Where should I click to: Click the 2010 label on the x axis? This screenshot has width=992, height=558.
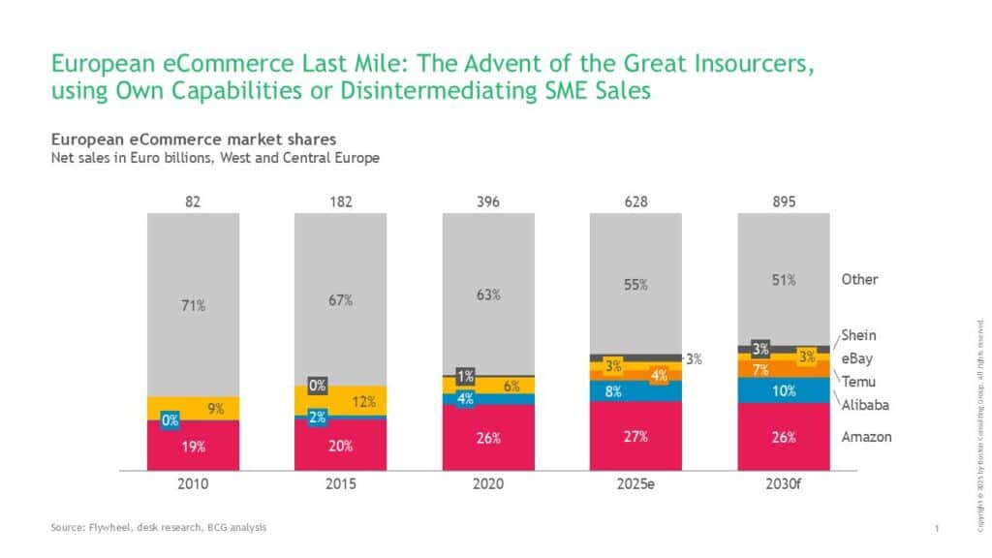tap(193, 481)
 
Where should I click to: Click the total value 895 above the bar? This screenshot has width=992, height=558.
tap(784, 201)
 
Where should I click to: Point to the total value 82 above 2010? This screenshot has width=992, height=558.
tap(193, 201)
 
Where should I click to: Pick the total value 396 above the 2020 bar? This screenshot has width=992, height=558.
tap(488, 201)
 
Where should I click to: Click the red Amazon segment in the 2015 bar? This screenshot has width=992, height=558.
tap(340, 445)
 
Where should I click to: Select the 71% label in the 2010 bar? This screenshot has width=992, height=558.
tap(193, 306)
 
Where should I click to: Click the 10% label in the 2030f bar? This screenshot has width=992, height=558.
tap(785, 391)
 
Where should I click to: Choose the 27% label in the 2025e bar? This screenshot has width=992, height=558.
tap(635, 436)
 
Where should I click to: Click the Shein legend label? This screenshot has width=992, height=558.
tap(858, 335)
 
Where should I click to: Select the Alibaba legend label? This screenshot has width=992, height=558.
tap(865, 405)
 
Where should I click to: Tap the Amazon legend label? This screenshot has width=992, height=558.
tap(866, 437)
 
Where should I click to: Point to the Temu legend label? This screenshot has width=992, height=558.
tap(858, 382)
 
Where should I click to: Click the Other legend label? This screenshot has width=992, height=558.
tap(859, 279)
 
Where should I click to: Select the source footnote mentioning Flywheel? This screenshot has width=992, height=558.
tap(159, 527)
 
